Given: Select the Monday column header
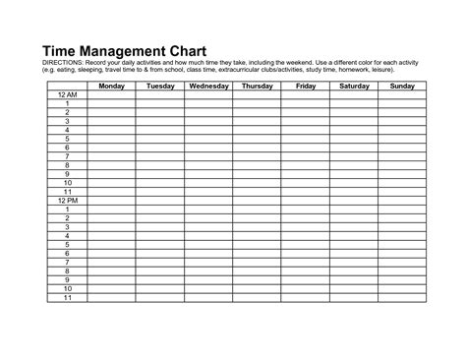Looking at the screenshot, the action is pyautogui.click(x=110, y=87).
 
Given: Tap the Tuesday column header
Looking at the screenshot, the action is pyautogui.click(x=159, y=87).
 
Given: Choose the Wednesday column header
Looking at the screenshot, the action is pyautogui.click(x=207, y=87).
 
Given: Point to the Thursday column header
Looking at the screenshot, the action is pyautogui.click(x=257, y=87).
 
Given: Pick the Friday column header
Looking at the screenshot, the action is pyautogui.click(x=305, y=87).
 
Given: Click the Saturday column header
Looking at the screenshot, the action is pyautogui.click(x=354, y=87).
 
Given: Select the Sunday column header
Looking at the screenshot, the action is pyautogui.click(x=402, y=87).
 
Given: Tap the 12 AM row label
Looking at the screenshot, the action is pyautogui.click(x=67, y=94).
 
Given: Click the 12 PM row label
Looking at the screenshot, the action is pyautogui.click(x=67, y=200).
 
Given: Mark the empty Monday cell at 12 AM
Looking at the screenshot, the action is pyautogui.click(x=110, y=94).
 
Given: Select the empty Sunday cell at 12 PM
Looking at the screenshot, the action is pyautogui.click(x=402, y=200).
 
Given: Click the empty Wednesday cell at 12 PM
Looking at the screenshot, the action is pyautogui.click(x=207, y=200).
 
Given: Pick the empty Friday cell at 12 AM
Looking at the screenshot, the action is pyautogui.click(x=305, y=94).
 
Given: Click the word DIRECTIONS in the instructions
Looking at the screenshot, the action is pyautogui.click(x=65, y=63).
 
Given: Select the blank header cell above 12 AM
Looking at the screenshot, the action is pyautogui.click(x=67, y=87).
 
